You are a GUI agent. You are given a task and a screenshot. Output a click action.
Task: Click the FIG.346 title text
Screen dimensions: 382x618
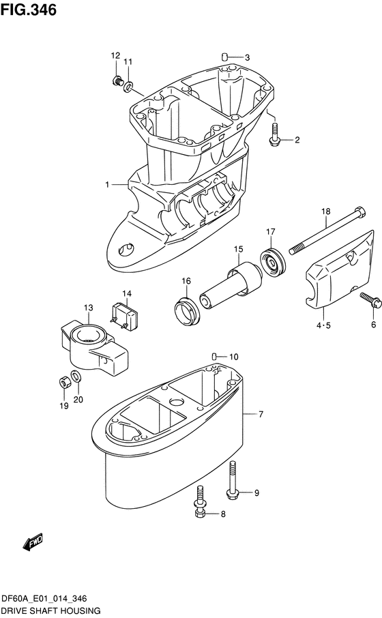click(29, 10)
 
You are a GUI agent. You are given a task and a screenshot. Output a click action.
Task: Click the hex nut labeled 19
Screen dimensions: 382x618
click(64, 382)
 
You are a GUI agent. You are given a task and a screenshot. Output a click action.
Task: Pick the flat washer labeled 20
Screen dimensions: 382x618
click(76, 376)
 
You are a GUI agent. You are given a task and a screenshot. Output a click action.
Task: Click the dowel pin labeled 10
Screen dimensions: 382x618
click(215, 357)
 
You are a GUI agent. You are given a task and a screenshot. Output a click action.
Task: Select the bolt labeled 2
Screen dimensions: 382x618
click(274, 134)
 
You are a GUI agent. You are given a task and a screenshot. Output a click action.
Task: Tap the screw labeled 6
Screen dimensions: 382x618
click(370, 300)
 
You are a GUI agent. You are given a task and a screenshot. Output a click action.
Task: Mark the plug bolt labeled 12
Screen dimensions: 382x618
click(116, 80)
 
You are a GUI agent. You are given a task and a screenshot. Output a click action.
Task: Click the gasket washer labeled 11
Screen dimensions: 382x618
click(128, 86)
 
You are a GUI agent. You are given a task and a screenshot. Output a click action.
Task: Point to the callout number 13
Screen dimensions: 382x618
click(88, 308)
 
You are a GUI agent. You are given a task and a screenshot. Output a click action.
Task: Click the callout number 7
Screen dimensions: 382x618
click(261, 414)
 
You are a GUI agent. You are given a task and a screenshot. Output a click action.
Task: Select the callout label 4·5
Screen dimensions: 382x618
click(323, 325)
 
